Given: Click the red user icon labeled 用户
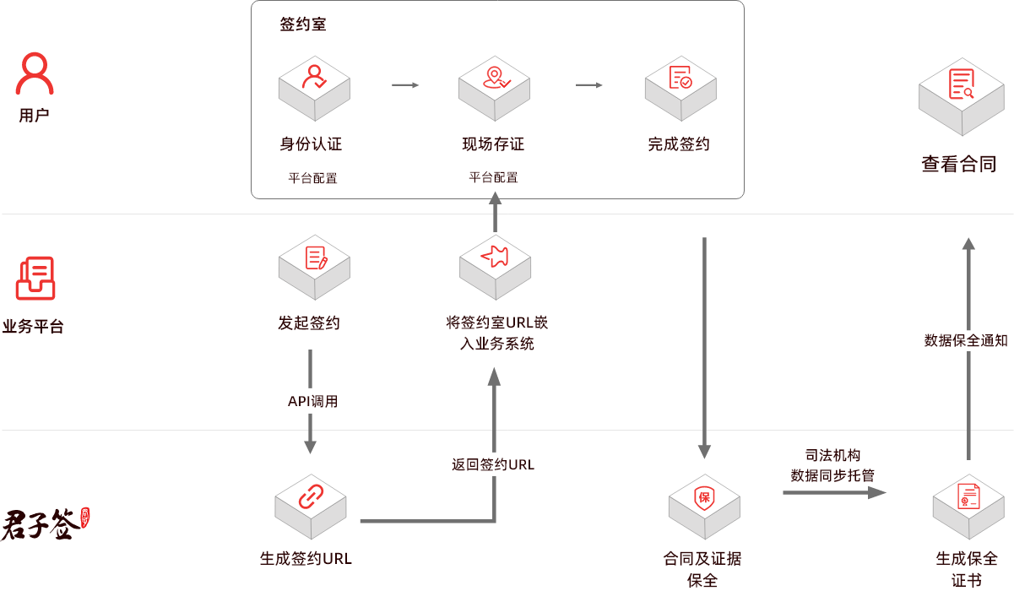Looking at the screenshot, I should click(x=35, y=74).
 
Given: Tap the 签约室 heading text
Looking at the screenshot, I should click(x=302, y=24).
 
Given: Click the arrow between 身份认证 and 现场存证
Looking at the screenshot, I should click(x=405, y=85).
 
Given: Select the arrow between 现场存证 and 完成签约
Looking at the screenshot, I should click(x=588, y=85).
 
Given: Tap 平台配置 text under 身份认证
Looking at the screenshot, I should click(x=312, y=178).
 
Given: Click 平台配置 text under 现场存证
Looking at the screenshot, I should click(x=493, y=178).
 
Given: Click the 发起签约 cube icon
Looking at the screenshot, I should click(x=314, y=266).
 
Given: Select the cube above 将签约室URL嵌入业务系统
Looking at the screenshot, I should click(x=495, y=266).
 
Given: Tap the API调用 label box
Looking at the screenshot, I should click(x=313, y=401).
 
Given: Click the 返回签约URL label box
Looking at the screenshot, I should click(x=494, y=464).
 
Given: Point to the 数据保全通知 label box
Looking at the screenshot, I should click(x=967, y=340).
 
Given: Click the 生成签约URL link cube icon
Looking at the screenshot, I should click(x=311, y=506).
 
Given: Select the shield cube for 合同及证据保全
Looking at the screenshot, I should click(x=704, y=506).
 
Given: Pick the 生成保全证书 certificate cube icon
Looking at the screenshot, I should click(x=968, y=506).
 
